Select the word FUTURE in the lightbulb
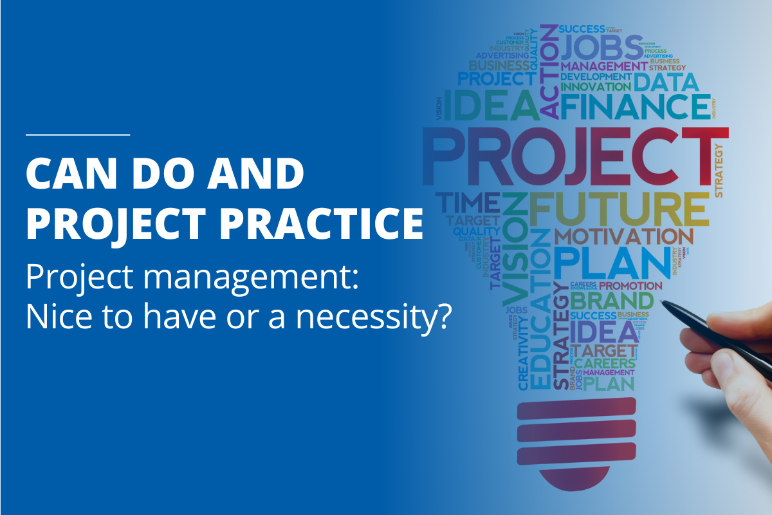[x=618, y=207]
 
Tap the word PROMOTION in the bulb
[x=630, y=285]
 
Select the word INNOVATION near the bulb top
[x=595, y=86]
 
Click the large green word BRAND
[x=611, y=300]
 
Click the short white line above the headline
[x=78, y=135]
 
